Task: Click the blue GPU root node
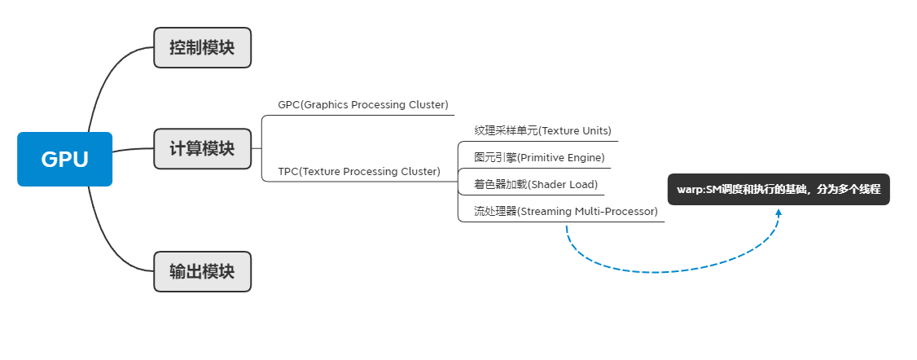coord(64,160)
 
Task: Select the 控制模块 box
coord(202,47)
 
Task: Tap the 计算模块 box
coord(202,149)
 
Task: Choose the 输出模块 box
coord(202,271)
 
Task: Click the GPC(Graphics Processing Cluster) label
coord(362,105)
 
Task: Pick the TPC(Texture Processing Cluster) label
coord(358,171)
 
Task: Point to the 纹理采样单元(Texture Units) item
coord(542,130)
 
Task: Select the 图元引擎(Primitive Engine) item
coord(539,157)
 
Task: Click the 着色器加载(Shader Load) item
coord(536,184)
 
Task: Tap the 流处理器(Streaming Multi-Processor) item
coord(565,212)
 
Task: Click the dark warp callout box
coord(778,189)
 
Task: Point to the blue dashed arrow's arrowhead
coord(779,212)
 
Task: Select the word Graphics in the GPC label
coord(326,105)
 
